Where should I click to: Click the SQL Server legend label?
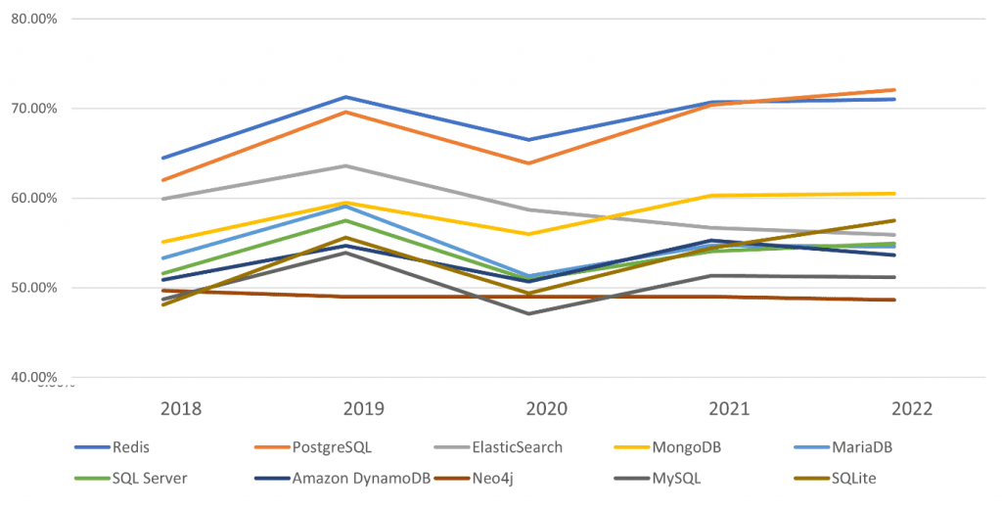(x=149, y=478)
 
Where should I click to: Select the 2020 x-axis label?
(x=529, y=408)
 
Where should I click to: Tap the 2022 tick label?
(x=894, y=408)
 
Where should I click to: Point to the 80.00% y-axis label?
(x=33, y=19)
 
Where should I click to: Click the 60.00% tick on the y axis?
(x=33, y=198)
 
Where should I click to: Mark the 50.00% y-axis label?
(x=33, y=288)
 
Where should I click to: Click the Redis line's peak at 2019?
(x=345, y=97)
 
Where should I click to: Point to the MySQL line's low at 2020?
(x=529, y=313)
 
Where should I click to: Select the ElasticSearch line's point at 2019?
(x=345, y=165)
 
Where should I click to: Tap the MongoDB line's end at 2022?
(x=894, y=193)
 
